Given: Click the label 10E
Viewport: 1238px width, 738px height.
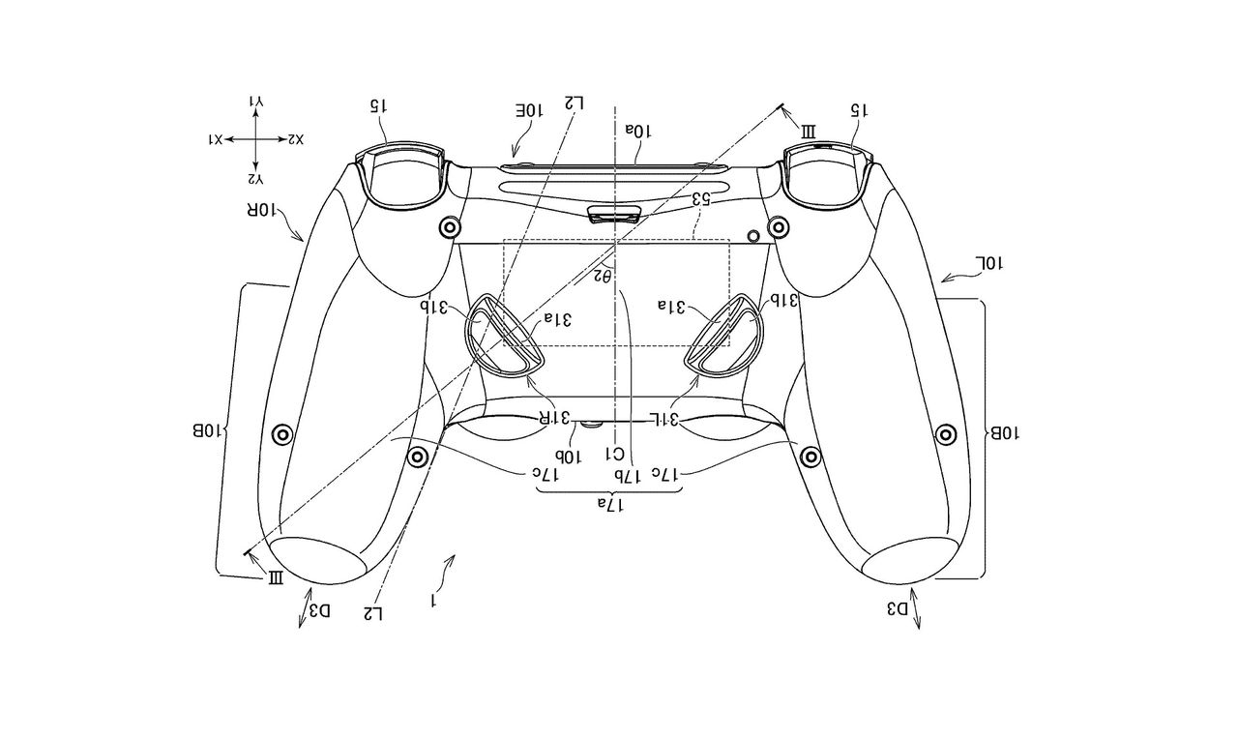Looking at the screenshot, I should pyautogui.click(x=527, y=112).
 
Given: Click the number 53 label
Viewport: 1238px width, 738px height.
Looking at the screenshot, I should pyautogui.click(x=702, y=200).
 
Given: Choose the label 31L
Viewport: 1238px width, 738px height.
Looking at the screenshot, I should pyautogui.click(x=661, y=418).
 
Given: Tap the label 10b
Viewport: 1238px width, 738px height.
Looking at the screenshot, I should pyautogui.click(x=567, y=454).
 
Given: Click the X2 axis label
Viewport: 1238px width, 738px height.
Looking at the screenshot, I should pyautogui.click(x=294, y=140).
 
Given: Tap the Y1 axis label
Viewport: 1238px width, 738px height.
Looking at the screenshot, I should pyautogui.click(x=255, y=101).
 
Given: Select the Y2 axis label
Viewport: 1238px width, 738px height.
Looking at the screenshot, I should pyautogui.click(x=255, y=179).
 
